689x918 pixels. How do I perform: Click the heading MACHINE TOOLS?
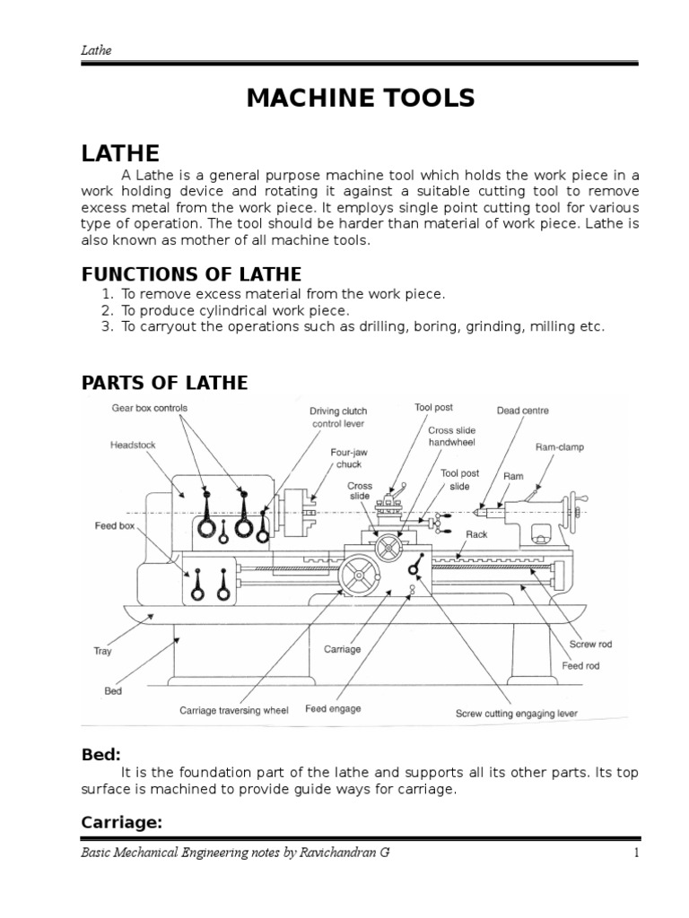[x=361, y=99]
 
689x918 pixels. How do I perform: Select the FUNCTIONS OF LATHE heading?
[x=191, y=273]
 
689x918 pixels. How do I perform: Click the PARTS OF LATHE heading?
[x=164, y=383]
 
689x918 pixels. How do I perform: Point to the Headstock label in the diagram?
[x=133, y=444]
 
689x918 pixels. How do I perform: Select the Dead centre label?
[x=523, y=411]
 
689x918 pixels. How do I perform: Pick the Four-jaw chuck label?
[x=347, y=459]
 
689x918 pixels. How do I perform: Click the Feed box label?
[x=115, y=525]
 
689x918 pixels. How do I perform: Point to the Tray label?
[x=102, y=652]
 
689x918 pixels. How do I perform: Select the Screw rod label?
[x=591, y=645]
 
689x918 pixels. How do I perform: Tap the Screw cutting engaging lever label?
[x=516, y=714]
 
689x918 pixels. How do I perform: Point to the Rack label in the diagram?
[x=476, y=533]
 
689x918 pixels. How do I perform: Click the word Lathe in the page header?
[x=93, y=51]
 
